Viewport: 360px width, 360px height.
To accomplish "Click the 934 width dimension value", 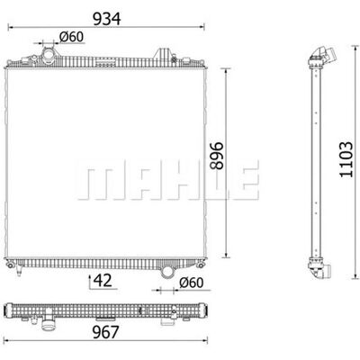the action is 107,19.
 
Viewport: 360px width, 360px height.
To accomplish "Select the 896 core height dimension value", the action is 217,156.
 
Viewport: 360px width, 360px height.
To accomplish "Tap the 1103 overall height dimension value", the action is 346,159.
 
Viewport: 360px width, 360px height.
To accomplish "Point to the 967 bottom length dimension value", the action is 106,332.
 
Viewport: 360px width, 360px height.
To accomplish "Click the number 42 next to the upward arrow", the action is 103,280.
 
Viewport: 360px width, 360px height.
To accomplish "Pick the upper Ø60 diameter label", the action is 71,37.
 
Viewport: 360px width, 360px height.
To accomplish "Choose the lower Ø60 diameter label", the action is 191,283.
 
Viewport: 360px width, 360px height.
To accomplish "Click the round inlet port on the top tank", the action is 49,55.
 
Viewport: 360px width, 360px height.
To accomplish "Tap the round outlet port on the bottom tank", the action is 166,272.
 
